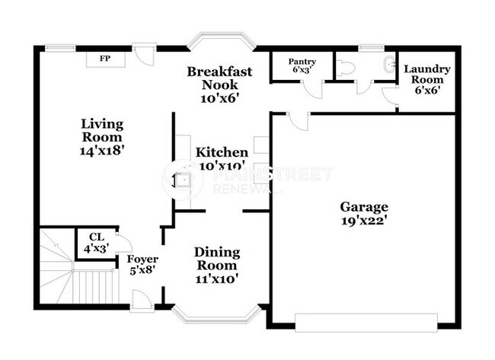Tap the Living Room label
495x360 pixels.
coord(102,136)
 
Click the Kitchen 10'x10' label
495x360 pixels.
coord(221,158)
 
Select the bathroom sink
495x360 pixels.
coord(388,64)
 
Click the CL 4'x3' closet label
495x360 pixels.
coord(96,243)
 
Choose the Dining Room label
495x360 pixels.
coord(216,265)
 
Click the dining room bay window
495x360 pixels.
coord(216,314)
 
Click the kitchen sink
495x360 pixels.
coord(183,180)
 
